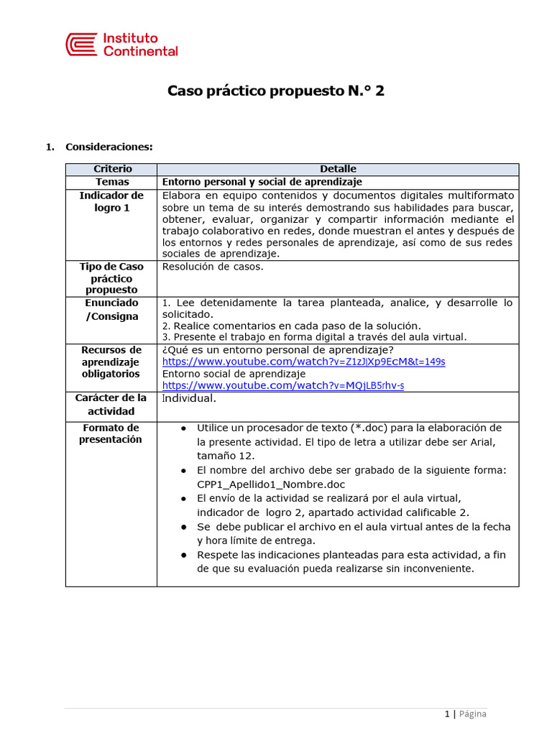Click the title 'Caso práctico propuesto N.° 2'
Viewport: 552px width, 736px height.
click(x=276, y=91)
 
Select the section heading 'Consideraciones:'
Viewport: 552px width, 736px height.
click(x=109, y=147)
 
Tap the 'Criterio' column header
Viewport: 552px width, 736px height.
click(x=112, y=169)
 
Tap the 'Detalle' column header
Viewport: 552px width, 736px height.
click(x=338, y=169)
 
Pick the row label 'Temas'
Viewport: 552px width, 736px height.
click(x=112, y=182)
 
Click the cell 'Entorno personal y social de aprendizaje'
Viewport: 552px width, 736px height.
click(x=262, y=182)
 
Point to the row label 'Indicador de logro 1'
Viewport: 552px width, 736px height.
click(x=111, y=201)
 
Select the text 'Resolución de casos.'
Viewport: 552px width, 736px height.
click(x=213, y=267)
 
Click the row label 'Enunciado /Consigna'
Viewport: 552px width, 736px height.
click(x=111, y=310)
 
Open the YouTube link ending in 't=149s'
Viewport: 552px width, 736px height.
click(x=303, y=362)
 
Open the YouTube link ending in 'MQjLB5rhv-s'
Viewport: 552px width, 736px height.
click(x=283, y=385)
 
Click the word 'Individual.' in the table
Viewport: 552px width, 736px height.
click(x=189, y=398)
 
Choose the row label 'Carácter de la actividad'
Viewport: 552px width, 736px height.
click(x=111, y=405)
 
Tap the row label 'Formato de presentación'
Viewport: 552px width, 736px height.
click(x=111, y=433)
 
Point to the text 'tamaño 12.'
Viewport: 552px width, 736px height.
click(x=226, y=456)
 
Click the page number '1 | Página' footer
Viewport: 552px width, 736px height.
click(x=465, y=714)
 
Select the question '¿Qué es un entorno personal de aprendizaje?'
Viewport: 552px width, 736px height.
click(x=277, y=350)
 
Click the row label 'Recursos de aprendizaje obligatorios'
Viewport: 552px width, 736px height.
click(x=111, y=362)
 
